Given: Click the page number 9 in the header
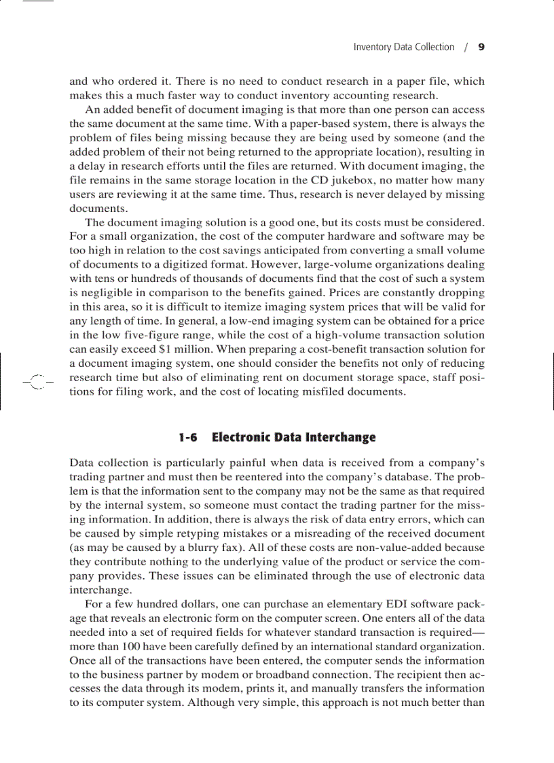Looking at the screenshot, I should (x=481, y=47).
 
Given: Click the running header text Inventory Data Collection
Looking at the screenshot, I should (x=403, y=47).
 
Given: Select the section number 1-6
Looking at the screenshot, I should (x=188, y=437).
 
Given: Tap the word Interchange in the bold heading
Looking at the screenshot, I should (x=340, y=437).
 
